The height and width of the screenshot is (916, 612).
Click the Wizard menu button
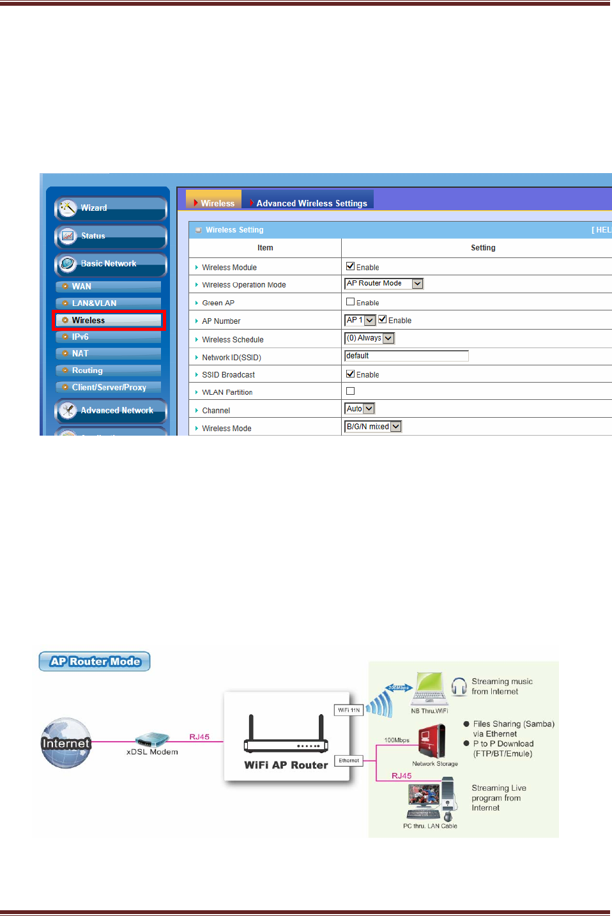110,208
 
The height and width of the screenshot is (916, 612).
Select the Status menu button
110,236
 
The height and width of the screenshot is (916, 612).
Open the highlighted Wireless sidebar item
109,320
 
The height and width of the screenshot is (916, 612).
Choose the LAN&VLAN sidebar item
108,303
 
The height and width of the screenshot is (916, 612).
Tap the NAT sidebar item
108,353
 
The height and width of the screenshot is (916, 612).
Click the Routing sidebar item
108,370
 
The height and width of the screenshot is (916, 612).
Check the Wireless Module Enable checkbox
350,266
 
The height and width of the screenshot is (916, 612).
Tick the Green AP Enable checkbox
350,302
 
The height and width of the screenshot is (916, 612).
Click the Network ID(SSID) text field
406,356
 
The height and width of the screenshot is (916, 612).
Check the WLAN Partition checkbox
350,391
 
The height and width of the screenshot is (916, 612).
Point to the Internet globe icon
66,742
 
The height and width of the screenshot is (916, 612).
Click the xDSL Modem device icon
152,740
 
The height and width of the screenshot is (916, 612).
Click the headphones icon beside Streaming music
459,687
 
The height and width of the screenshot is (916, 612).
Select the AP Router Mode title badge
95,662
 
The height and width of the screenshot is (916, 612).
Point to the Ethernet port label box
349,761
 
